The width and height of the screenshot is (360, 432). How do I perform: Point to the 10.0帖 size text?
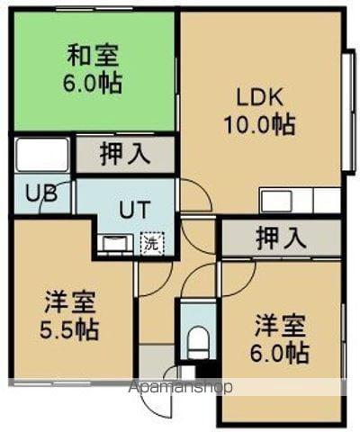260,123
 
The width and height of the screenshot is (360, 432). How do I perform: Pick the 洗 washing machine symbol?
152,242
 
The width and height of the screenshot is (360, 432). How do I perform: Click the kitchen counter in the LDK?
299,199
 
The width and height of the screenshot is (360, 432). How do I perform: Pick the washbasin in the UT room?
114,243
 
